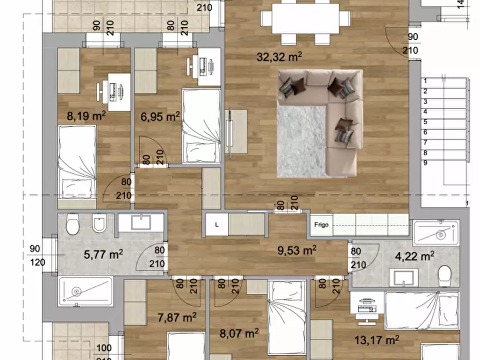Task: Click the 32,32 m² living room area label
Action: click(x=279, y=56)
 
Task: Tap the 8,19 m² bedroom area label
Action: click(x=87, y=116)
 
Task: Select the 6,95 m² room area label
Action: click(x=160, y=117)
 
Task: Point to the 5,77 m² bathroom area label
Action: click(x=103, y=254)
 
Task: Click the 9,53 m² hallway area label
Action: click(x=297, y=250)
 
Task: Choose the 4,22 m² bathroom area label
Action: click(x=414, y=256)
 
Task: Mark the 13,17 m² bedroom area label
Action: click(x=377, y=340)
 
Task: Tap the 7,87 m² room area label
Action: click(x=177, y=318)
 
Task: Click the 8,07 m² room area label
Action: click(x=239, y=333)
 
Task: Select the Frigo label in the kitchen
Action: click(x=321, y=225)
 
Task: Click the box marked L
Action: click(x=217, y=225)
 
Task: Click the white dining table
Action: click(x=305, y=18)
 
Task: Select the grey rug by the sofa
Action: click(x=302, y=141)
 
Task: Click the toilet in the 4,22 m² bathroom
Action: click(x=445, y=276)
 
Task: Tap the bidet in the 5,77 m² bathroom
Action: click(x=99, y=223)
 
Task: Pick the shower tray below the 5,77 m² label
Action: click(x=85, y=291)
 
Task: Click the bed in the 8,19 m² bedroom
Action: click(x=77, y=163)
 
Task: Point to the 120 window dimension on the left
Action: click(x=38, y=262)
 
